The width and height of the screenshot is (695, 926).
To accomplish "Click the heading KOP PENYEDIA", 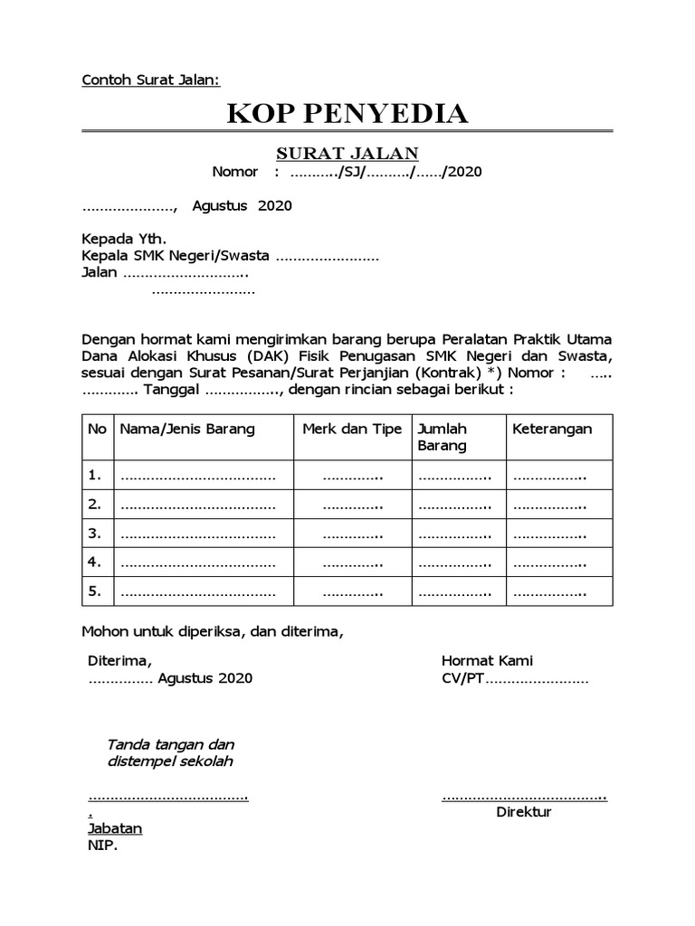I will click(347, 114).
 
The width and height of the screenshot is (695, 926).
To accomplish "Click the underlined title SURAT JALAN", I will click(347, 154).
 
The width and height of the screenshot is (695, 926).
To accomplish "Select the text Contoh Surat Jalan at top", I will click(151, 80).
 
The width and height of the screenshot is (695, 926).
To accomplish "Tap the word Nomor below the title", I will click(234, 172).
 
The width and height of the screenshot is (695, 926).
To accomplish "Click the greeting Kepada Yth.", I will click(124, 241).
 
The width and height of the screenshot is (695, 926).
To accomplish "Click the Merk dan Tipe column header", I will click(352, 429).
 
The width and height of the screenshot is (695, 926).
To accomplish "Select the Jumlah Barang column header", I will click(442, 437).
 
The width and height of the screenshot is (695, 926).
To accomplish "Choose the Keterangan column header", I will click(552, 429).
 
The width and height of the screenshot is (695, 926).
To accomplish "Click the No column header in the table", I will click(97, 429).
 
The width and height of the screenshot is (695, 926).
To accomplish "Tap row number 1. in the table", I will click(94, 475).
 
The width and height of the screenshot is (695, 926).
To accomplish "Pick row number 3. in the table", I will click(94, 534).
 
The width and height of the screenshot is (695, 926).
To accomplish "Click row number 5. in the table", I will click(94, 592).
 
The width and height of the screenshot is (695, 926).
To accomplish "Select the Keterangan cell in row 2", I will click(550, 505).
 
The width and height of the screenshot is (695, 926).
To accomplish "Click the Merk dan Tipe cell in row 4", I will click(353, 563).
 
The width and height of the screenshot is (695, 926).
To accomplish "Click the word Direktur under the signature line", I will click(524, 811).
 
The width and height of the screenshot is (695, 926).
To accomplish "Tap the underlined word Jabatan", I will click(115, 828).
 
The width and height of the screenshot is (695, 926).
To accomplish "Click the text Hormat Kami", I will click(487, 661).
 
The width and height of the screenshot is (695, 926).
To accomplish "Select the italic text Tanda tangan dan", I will click(170, 744).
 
